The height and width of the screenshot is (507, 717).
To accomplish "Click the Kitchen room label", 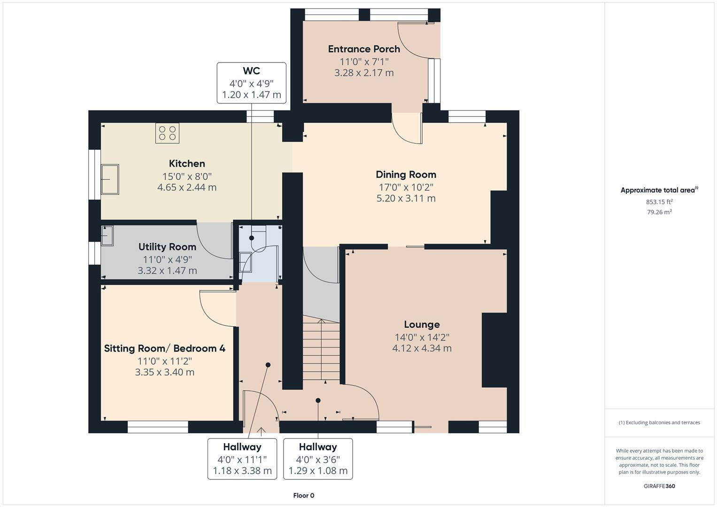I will (x=187, y=163).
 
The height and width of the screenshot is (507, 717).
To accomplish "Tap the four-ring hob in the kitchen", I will (x=168, y=133).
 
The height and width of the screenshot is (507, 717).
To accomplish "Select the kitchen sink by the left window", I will (x=110, y=179).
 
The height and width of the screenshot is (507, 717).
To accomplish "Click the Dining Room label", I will (x=406, y=175).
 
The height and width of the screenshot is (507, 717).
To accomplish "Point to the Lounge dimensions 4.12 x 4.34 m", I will (x=422, y=348).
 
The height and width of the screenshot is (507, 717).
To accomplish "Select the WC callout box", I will (x=251, y=83).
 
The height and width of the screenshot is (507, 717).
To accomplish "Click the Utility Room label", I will (x=167, y=247).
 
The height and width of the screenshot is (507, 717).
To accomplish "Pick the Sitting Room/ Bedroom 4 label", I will (x=164, y=348).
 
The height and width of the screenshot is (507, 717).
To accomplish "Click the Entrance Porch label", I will (x=364, y=49).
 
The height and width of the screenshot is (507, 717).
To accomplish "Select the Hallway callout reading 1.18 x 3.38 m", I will (x=242, y=459).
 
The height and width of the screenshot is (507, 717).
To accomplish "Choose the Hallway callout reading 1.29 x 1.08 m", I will (x=318, y=459).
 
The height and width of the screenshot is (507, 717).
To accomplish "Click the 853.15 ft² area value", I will (x=659, y=202).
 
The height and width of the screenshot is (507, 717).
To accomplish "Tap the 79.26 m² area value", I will (x=659, y=212).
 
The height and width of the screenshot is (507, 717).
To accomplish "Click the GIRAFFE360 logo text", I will (x=659, y=486).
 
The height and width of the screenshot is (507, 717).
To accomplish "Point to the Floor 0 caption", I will (x=303, y=495).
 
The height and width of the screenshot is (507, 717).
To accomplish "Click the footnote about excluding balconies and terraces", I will (x=659, y=422).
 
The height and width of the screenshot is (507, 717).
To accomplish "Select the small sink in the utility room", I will (x=108, y=236).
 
